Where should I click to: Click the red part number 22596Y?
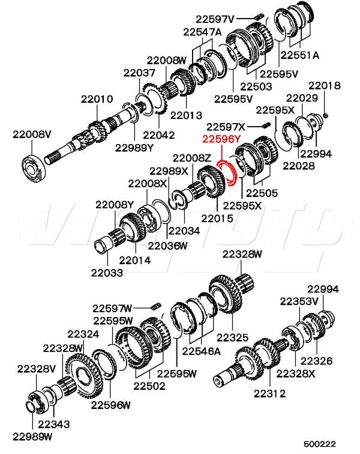pyautogui.click(x=221, y=139)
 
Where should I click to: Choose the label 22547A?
pyautogui.click(x=202, y=31)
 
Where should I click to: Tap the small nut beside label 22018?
pyautogui.click(x=325, y=114)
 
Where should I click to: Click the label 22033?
pyautogui.click(x=107, y=273)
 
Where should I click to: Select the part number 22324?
pyautogui.click(x=83, y=333)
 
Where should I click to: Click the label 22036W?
pyautogui.click(x=167, y=245)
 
